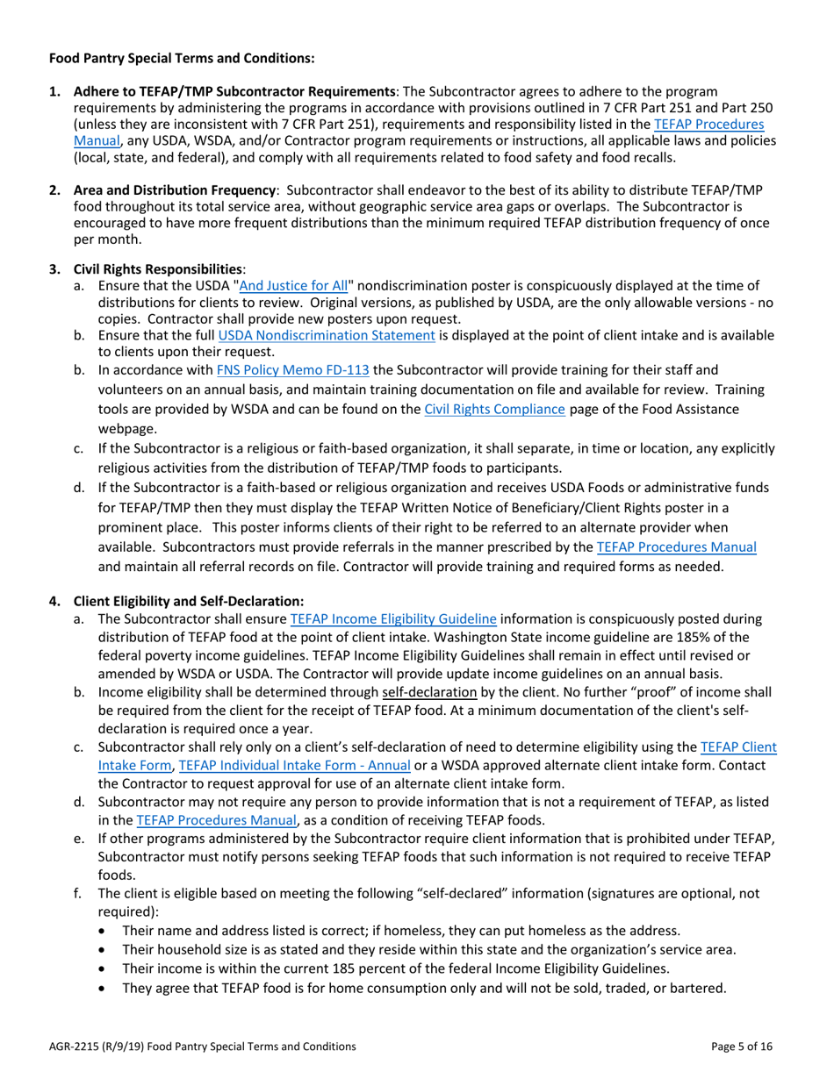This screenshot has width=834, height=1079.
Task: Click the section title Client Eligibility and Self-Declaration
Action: pos(189,602)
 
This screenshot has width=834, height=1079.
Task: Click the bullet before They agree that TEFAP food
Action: pos(106,988)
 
